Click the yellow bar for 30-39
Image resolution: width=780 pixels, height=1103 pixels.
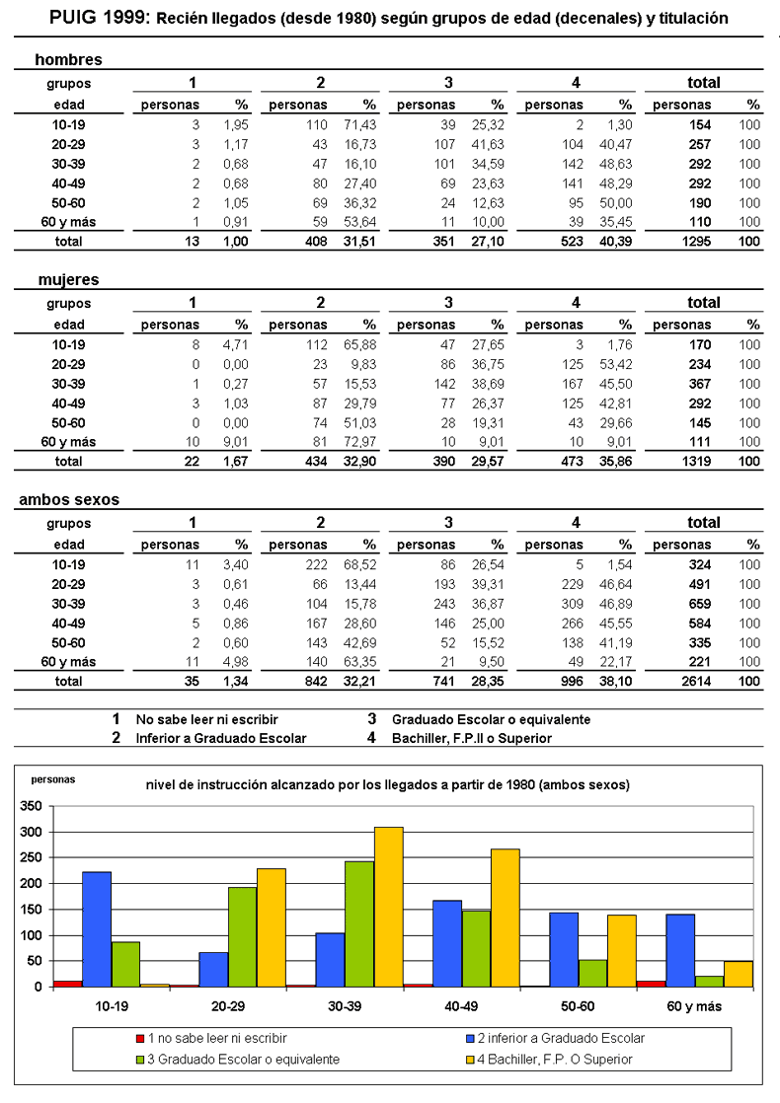coord(388,907)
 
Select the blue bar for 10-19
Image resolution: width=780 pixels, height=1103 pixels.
coord(96,928)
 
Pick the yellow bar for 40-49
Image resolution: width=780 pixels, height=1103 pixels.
coord(505,918)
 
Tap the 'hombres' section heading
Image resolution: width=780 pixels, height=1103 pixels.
coord(68,60)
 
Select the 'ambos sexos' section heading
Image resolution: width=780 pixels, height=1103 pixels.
coord(69,500)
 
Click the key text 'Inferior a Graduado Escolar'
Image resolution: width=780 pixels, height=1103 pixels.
coord(221,738)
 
